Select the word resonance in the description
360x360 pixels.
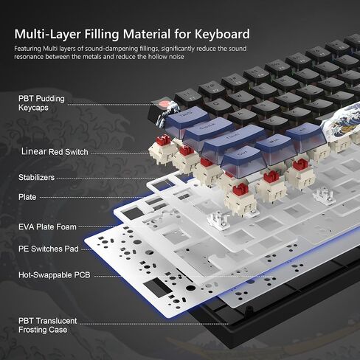(x=33, y=55)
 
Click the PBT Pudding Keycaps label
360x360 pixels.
(x=38, y=103)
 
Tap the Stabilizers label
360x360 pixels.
(x=38, y=178)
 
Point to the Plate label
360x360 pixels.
(x=27, y=197)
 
